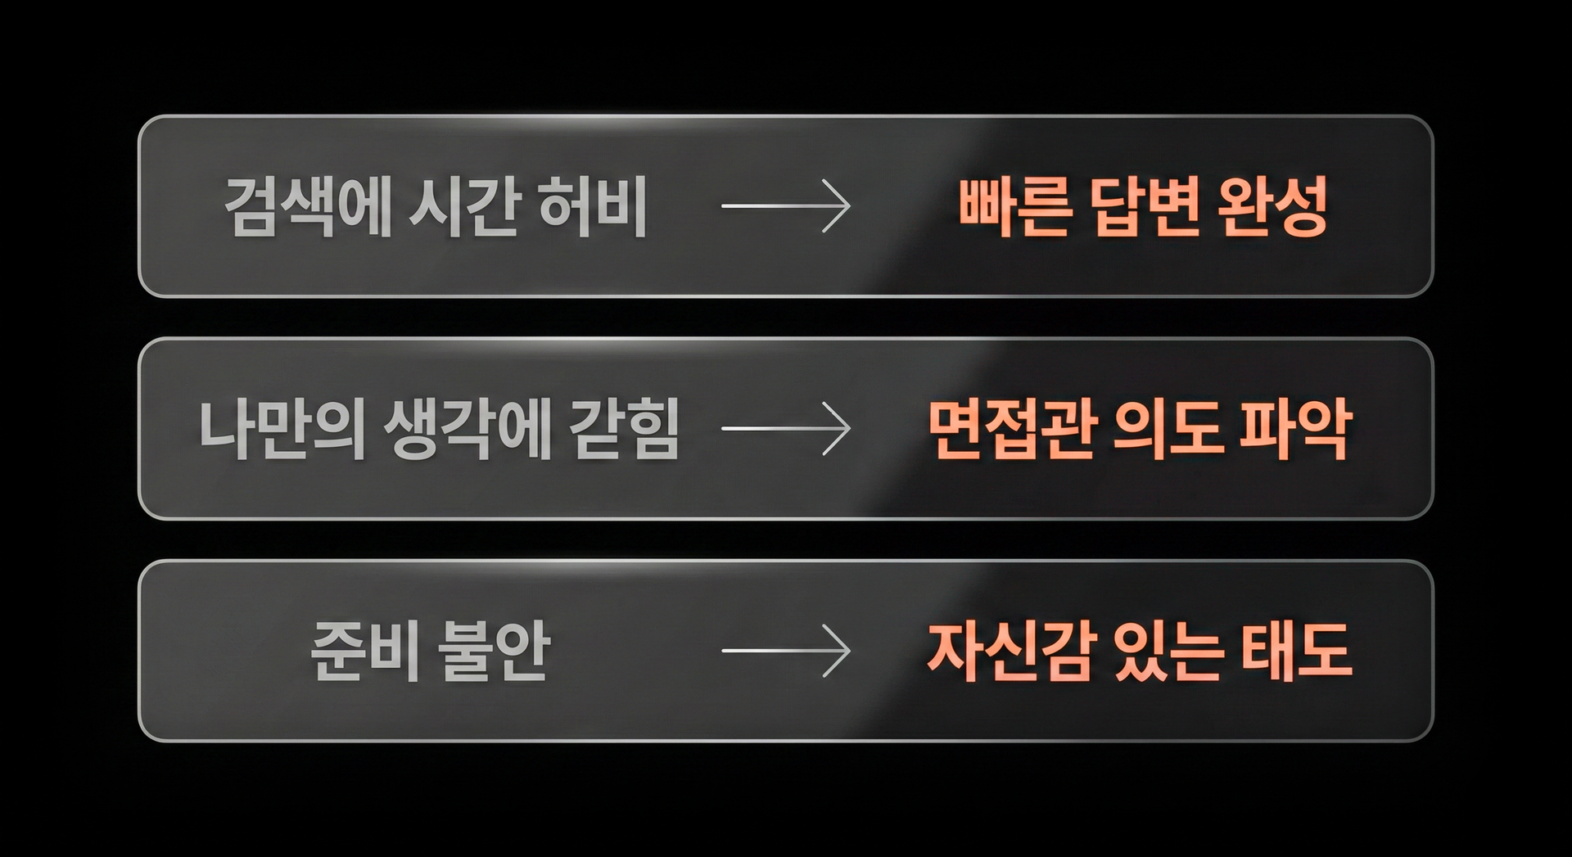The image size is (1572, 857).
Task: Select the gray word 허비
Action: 594,206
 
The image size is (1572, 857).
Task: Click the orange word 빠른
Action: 1014,206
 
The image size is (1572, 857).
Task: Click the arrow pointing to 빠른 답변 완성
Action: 785,206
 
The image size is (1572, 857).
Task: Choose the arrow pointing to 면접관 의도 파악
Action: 785,429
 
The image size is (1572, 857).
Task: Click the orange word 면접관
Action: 1012,429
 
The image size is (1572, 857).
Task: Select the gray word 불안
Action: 493,652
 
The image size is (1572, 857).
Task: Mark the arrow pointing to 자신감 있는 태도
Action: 785,652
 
